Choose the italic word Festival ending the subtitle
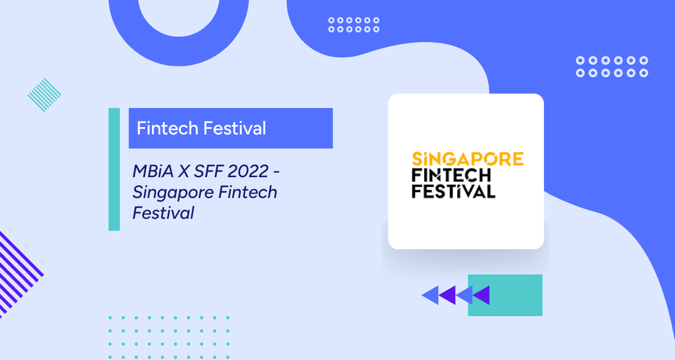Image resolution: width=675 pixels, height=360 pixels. (164, 213)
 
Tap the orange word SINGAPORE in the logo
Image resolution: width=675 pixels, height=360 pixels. (467, 159)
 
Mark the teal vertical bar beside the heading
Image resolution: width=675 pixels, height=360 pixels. (114, 169)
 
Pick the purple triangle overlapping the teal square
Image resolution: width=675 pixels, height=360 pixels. (481, 295)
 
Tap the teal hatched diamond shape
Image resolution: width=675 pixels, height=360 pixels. (44, 94)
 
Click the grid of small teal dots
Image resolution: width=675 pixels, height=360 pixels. (169, 337)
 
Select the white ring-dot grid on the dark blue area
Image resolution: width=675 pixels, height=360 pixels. (612, 66)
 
